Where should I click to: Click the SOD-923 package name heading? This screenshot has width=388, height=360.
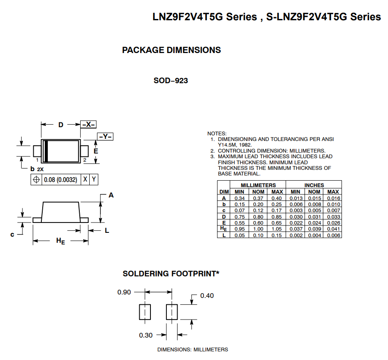click(x=171, y=81)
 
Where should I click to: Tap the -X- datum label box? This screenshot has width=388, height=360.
click(x=88, y=124)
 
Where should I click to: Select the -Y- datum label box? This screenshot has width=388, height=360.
click(x=105, y=137)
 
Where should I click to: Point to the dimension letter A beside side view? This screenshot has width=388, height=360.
click(x=111, y=195)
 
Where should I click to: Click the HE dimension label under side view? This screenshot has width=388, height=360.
click(x=61, y=241)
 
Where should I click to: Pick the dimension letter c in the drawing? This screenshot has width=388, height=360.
click(x=13, y=234)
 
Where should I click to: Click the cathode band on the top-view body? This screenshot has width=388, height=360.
click(x=45, y=151)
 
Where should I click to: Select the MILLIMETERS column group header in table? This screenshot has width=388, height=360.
click(x=258, y=185)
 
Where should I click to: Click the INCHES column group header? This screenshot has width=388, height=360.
click(x=314, y=185)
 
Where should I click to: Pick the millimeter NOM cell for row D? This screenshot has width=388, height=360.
click(x=258, y=216)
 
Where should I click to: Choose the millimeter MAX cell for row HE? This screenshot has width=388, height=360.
click(x=277, y=229)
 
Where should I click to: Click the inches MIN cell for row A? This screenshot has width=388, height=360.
click(x=295, y=198)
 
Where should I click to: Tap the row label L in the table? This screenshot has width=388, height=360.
click(x=224, y=235)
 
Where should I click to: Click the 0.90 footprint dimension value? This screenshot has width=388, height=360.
click(x=124, y=292)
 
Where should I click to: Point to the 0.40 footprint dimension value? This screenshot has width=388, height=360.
click(x=207, y=296)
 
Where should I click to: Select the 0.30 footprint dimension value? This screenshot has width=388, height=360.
click(x=146, y=335)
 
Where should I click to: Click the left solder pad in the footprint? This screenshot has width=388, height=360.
click(x=145, y=312)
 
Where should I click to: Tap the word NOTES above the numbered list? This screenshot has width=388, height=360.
click(x=217, y=134)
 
